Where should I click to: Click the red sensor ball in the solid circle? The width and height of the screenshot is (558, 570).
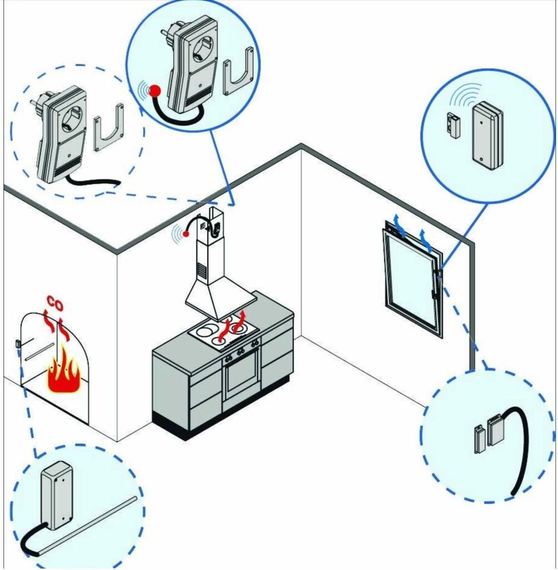[x=156, y=90]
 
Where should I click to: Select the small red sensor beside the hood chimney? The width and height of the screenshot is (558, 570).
[x=186, y=234]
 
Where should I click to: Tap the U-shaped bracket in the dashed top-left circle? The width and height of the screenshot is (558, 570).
[x=108, y=128]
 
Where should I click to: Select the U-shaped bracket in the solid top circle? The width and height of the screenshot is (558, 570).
[x=238, y=72]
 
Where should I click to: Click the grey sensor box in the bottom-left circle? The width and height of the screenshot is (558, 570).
[x=57, y=494]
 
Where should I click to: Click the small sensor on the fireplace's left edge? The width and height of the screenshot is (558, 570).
[x=17, y=343]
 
